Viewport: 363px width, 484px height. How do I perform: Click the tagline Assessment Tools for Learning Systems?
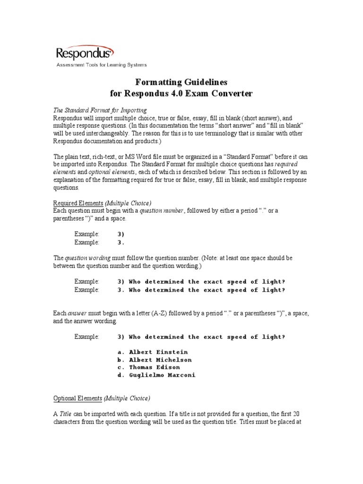(x=102, y=65)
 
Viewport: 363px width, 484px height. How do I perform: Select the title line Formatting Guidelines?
(x=178, y=82)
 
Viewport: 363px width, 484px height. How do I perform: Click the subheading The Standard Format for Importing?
(x=100, y=110)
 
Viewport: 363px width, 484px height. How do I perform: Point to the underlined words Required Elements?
(x=77, y=203)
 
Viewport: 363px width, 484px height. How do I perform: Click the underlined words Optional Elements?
(x=78, y=398)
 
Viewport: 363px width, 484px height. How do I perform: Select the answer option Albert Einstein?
(x=158, y=352)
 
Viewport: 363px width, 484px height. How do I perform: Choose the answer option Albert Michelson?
(x=160, y=360)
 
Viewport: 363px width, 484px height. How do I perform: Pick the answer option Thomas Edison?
(x=155, y=367)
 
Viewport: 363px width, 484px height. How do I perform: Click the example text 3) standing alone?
(x=121, y=234)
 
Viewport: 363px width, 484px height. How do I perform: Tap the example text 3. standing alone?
(x=121, y=242)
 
